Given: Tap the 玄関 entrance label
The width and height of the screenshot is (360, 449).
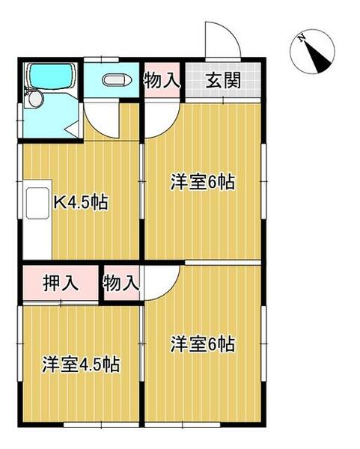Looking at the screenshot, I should [x=224, y=80].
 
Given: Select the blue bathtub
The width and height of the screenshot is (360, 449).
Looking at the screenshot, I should [x=49, y=77].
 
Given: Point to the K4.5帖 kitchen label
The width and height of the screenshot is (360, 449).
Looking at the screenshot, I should [x=81, y=203].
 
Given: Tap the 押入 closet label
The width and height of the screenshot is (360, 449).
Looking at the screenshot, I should [x=61, y=284].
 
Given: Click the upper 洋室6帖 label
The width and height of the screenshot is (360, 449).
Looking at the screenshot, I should [x=203, y=183].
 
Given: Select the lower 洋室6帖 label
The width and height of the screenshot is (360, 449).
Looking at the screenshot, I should [x=203, y=344].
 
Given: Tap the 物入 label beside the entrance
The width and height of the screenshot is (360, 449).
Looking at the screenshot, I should [x=162, y=80].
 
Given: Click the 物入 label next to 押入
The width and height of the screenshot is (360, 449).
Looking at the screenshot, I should [x=121, y=284].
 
